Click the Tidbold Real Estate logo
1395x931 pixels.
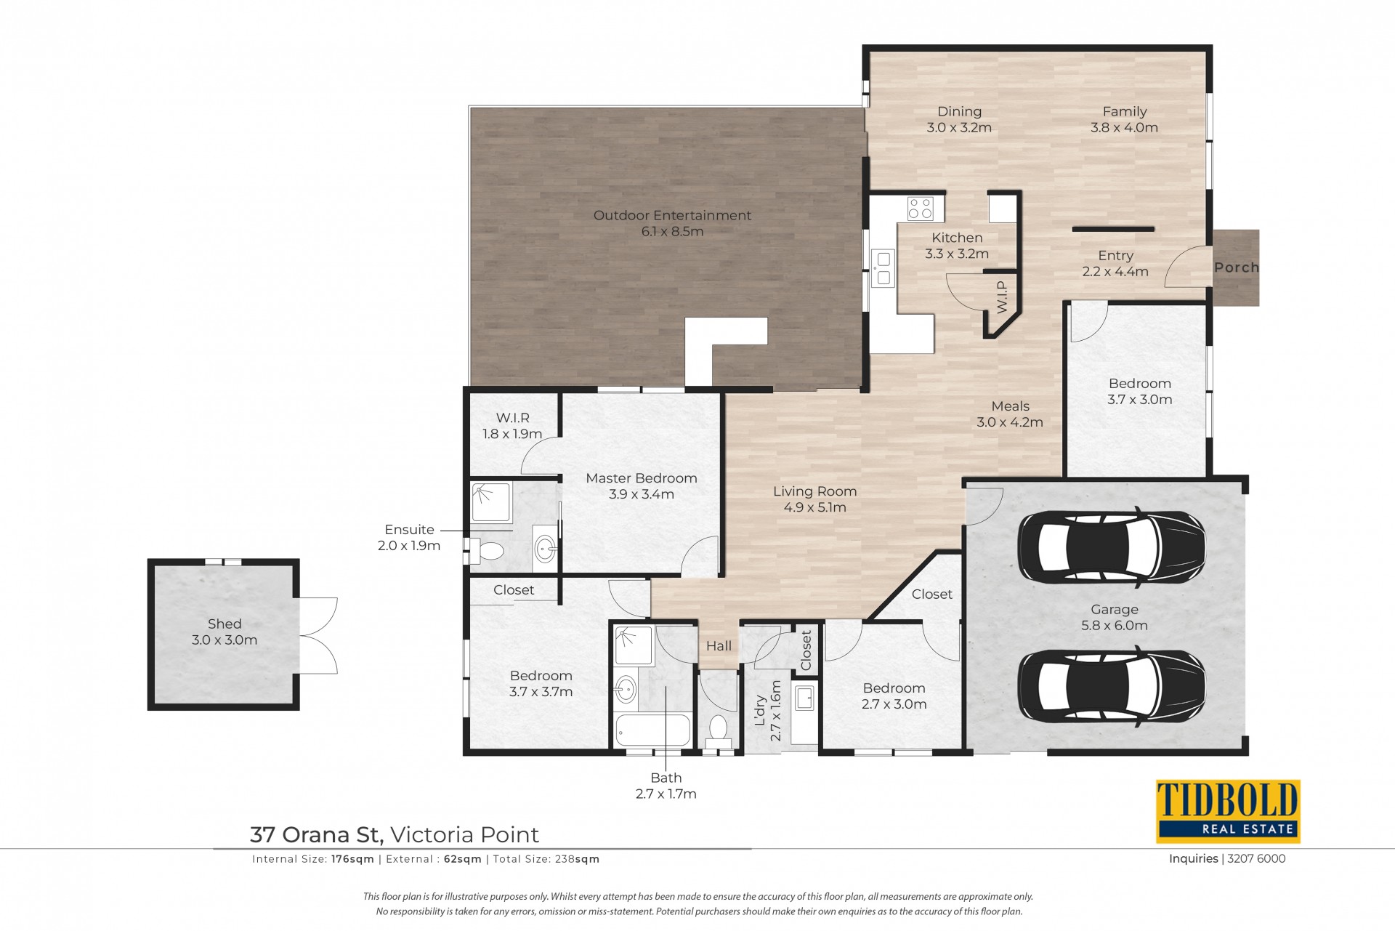coord(1228,811)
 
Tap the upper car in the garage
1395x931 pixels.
coord(1111,547)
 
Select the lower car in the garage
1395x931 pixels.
coord(1111,686)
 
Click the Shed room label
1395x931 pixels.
coord(225,624)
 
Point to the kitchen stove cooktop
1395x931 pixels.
coord(921,209)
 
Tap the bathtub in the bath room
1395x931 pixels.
coord(653,730)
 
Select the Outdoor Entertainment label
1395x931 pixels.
coord(672,215)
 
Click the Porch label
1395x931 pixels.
coord(1236,267)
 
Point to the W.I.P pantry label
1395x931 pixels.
coord(1003,297)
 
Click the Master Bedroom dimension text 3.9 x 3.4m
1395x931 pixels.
coord(642,494)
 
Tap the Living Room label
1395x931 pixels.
coord(815,491)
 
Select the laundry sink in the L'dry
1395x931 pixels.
coord(804,698)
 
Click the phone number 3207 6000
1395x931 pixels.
coord(1256,858)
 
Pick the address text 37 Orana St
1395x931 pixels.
coord(317,834)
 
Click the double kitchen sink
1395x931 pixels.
coord(883,267)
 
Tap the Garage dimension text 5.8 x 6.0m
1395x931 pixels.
coord(1115,626)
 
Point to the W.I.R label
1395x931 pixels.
coord(513,418)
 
